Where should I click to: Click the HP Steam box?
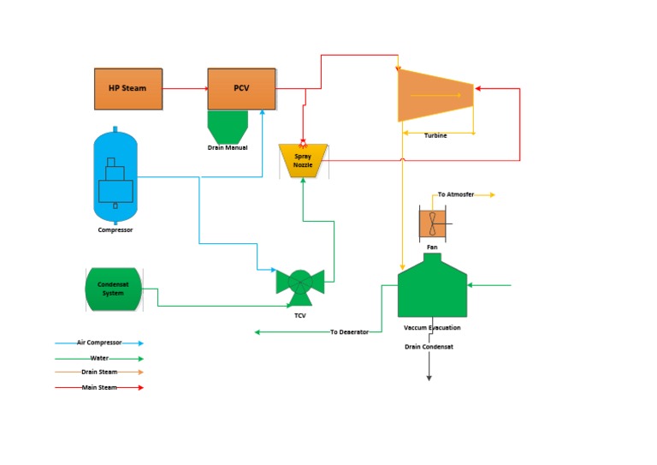127,88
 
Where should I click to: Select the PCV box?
241,88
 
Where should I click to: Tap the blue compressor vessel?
115,176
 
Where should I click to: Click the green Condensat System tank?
113,289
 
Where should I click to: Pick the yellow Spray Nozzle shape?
303,160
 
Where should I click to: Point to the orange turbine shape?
435,95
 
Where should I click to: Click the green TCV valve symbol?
299,285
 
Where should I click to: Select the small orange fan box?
432,224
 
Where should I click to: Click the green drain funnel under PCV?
228,127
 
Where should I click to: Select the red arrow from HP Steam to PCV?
185,88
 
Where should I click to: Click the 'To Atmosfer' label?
455,195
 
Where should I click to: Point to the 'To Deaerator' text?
349,332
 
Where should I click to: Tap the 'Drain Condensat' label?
429,347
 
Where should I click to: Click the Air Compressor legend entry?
99,343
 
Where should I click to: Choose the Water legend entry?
99,359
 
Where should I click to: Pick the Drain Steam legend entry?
99,373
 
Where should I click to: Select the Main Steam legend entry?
99,388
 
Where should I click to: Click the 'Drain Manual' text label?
228,148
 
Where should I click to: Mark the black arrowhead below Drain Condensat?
429,377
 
